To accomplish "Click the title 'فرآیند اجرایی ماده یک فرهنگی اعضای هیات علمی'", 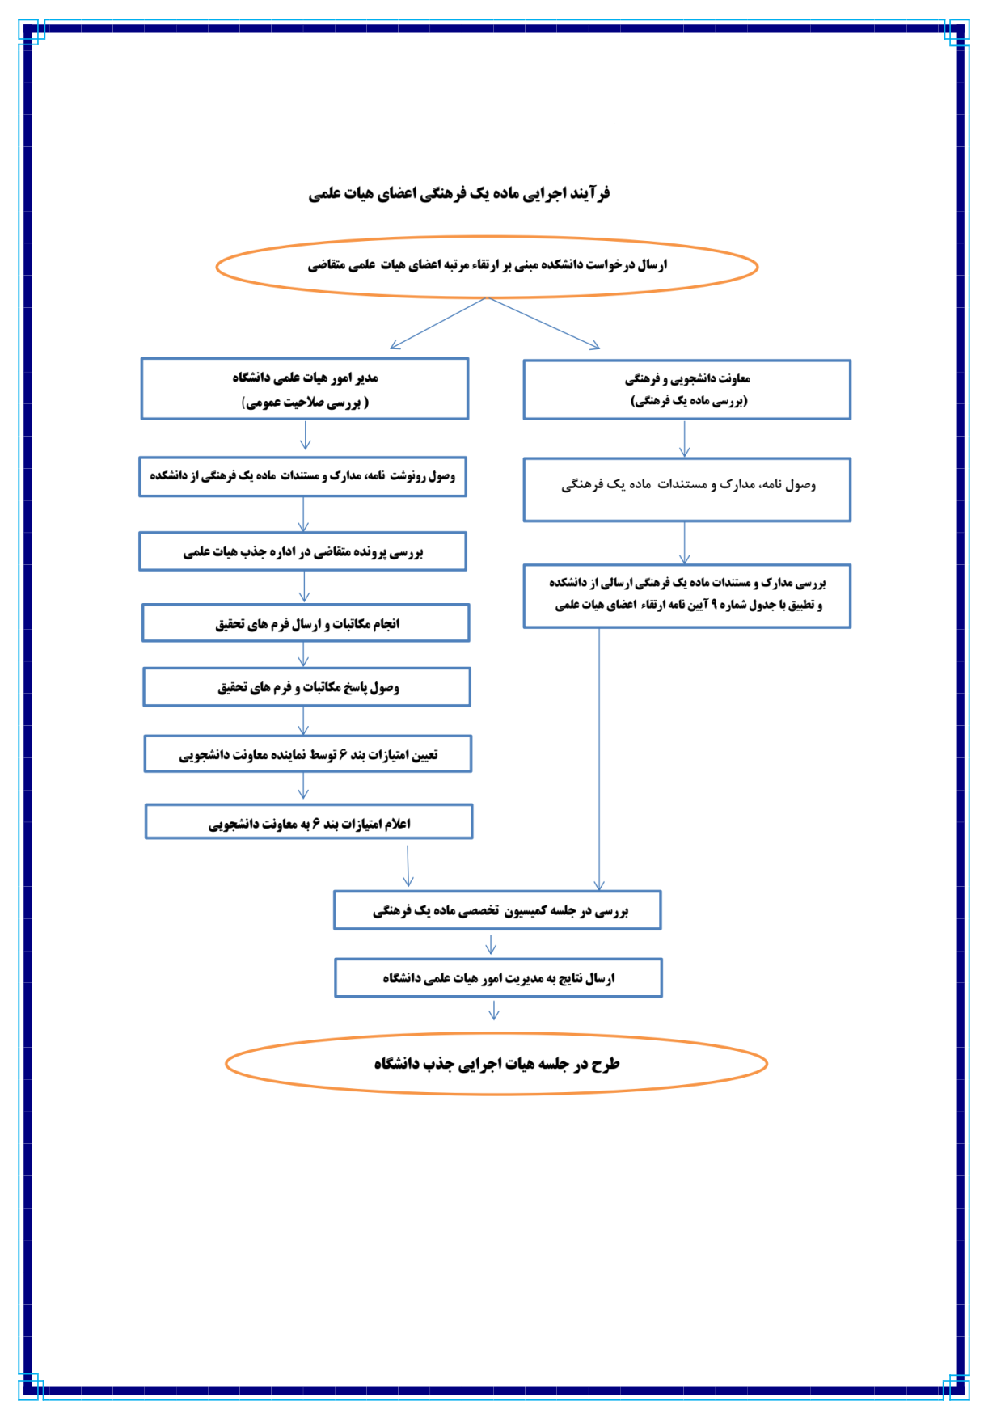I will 458,194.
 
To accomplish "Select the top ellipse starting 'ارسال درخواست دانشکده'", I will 487,266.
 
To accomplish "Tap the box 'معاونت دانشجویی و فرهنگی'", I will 686,389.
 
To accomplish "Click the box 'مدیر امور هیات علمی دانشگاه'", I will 304,389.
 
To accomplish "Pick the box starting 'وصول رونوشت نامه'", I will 302,476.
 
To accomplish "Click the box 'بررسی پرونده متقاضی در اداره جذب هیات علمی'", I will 302,551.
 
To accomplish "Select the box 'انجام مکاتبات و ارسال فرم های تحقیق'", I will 306,623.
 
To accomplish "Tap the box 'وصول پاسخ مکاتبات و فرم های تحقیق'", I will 306,687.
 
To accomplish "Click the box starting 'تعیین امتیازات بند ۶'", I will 308,754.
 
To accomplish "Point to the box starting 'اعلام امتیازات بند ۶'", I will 309,822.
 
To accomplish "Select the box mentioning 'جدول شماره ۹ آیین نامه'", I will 686,596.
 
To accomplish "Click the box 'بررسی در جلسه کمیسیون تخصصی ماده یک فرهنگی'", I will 497,910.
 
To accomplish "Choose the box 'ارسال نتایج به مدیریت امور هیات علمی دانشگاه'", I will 498,978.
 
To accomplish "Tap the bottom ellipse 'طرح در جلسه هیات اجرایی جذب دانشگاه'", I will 496,1064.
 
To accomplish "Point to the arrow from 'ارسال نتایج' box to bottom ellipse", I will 493,1010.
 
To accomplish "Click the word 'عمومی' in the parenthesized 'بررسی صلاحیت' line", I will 264,403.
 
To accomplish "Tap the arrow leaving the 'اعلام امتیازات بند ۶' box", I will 408,866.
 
